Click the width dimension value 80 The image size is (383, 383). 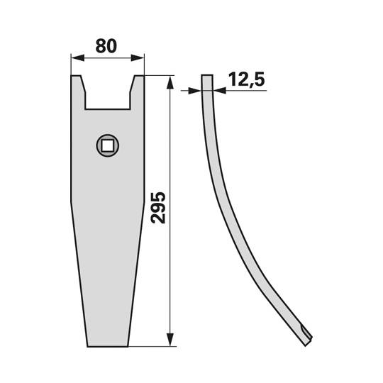point(107,47)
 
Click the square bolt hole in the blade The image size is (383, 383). point(108,146)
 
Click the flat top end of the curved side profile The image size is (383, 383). point(207,76)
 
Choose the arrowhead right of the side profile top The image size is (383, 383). point(217,90)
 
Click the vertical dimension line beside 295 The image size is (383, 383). point(170,270)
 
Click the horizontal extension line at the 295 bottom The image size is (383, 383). point(152,347)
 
